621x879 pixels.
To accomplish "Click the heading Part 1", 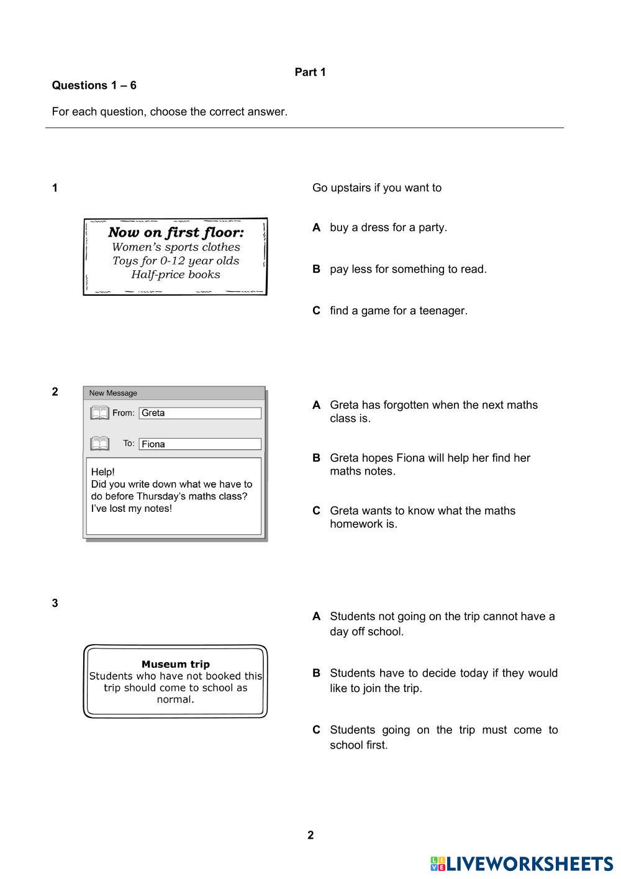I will pyautogui.click(x=310, y=72).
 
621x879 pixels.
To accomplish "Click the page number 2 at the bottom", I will pyautogui.click(x=310, y=835).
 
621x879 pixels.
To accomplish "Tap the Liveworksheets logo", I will pyautogui.click(x=521, y=863).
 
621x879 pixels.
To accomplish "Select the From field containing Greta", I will pyautogui.click(x=199, y=413).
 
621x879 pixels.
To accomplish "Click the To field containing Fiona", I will pyautogui.click(x=199, y=444).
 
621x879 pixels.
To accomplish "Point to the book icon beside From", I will pyautogui.click(x=99, y=412).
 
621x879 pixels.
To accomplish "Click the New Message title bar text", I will pyautogui.click(x=113, y=393).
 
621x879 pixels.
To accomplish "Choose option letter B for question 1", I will pyautogui.click(x=316, y=269).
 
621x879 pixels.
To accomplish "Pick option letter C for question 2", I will pyautogui.click(x=316, y=511).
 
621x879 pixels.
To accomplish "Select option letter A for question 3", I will pyautogui.click(x=316, y=616).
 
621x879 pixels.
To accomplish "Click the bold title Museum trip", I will pyautogui.click(x=176, y=664).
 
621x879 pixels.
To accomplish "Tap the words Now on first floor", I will pyautogui.click(x=176, y=232).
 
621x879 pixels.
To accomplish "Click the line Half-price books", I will pyautogui.click(x=176, y=275).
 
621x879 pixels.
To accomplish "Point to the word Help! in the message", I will pyautogui.click(x=103, y=471).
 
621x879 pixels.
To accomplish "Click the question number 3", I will pyautogui.click(x=55, y=603).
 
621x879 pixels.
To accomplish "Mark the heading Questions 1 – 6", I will pyautogui.click(x=94, y=86).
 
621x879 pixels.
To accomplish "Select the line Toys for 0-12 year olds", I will pyautogui.click(x=176, y=261).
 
